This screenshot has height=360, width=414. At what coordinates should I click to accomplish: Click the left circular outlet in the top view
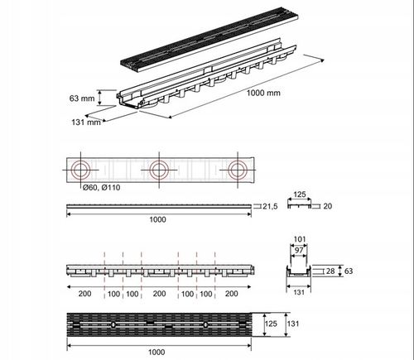[80, 170]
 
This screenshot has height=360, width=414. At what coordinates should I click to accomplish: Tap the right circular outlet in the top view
[238, 170]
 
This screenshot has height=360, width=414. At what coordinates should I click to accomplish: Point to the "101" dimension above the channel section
[300, 240]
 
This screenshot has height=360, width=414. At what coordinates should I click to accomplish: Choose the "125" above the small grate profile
[300, 195]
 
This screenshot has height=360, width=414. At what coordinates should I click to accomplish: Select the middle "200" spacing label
[158, 293]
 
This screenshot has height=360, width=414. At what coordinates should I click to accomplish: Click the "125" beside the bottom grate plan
[269, 324]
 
